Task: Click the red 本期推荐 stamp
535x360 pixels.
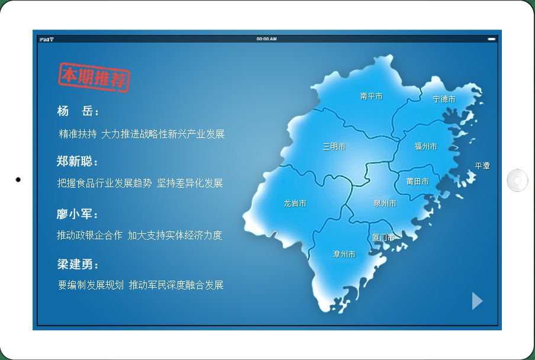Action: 94,78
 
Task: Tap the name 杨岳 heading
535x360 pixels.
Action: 78,111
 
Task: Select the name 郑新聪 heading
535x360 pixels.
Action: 78,161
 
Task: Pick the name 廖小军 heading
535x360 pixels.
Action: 78,214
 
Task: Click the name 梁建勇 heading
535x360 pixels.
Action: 78,264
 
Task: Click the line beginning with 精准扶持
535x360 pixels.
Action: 141,134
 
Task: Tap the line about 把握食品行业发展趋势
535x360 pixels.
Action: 140,183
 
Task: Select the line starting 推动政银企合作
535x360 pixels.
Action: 140,235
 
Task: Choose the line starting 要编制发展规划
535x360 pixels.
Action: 141,285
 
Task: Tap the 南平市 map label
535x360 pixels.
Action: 371,97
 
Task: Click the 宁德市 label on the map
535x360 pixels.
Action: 444,99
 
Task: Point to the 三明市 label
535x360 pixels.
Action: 334,146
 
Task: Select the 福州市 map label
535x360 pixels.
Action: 426,146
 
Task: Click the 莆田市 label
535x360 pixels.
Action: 417,182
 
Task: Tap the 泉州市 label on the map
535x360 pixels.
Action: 385,203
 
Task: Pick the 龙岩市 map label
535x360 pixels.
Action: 295,203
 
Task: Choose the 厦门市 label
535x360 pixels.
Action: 383,237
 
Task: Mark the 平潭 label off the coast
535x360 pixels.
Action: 482,166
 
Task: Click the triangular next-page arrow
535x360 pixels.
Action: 477,301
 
